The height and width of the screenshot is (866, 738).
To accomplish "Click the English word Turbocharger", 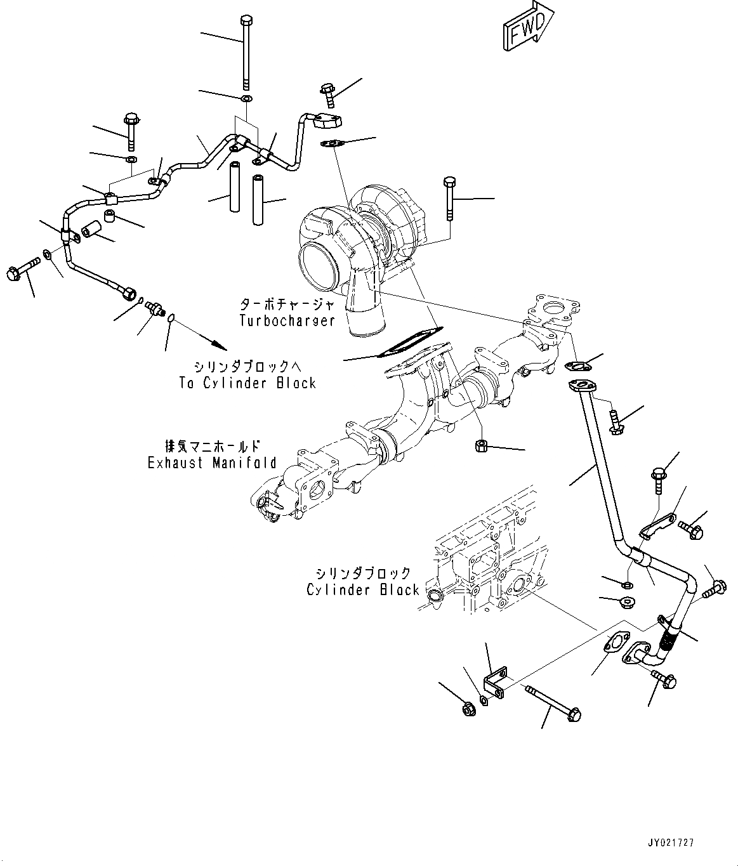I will coord(287,320).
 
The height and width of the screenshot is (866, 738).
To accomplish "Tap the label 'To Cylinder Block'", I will coord(247,383).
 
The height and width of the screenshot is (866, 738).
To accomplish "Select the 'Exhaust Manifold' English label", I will coord(212,463).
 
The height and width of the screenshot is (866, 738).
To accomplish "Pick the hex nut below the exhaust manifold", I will coord(480,446).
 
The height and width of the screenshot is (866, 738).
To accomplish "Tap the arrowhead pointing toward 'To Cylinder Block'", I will coord(219,346).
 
